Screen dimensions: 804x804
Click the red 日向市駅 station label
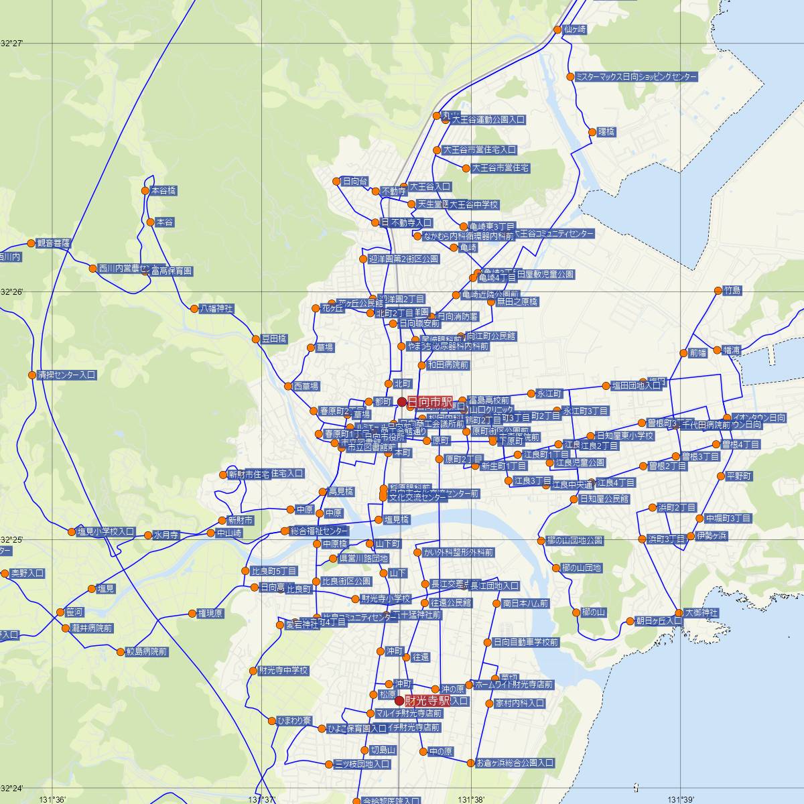(429, 401)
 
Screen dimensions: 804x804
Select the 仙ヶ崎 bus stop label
(575, 29)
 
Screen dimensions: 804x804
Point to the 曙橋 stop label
(606, 132)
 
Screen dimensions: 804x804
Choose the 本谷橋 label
(163, 190)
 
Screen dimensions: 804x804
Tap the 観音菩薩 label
(54, 243)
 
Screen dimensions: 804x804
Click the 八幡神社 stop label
(216, 309)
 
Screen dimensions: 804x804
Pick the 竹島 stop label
(732, 291)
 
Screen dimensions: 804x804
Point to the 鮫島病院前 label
(147, 651)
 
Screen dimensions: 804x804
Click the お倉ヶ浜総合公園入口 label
(515, 762)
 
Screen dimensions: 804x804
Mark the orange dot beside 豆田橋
(256, 339)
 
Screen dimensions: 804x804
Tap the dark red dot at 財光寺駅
(399, 701)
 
